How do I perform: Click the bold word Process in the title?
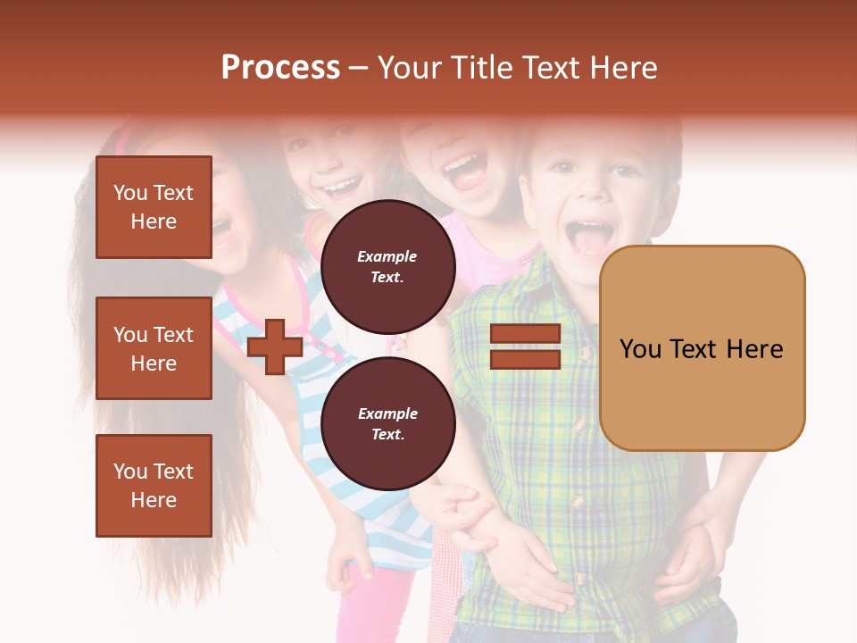280,68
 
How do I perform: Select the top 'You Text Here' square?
154,207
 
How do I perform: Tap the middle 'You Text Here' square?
154,348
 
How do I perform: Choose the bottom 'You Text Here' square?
154,485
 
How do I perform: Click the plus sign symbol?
275,347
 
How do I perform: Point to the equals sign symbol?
525,347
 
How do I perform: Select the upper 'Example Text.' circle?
387,266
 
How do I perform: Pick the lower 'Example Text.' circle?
387,423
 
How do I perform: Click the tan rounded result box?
702,348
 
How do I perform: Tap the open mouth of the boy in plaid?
589,237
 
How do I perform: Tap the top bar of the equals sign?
525,334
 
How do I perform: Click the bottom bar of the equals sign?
525,359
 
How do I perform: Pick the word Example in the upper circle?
387,256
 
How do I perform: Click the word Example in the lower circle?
387,413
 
